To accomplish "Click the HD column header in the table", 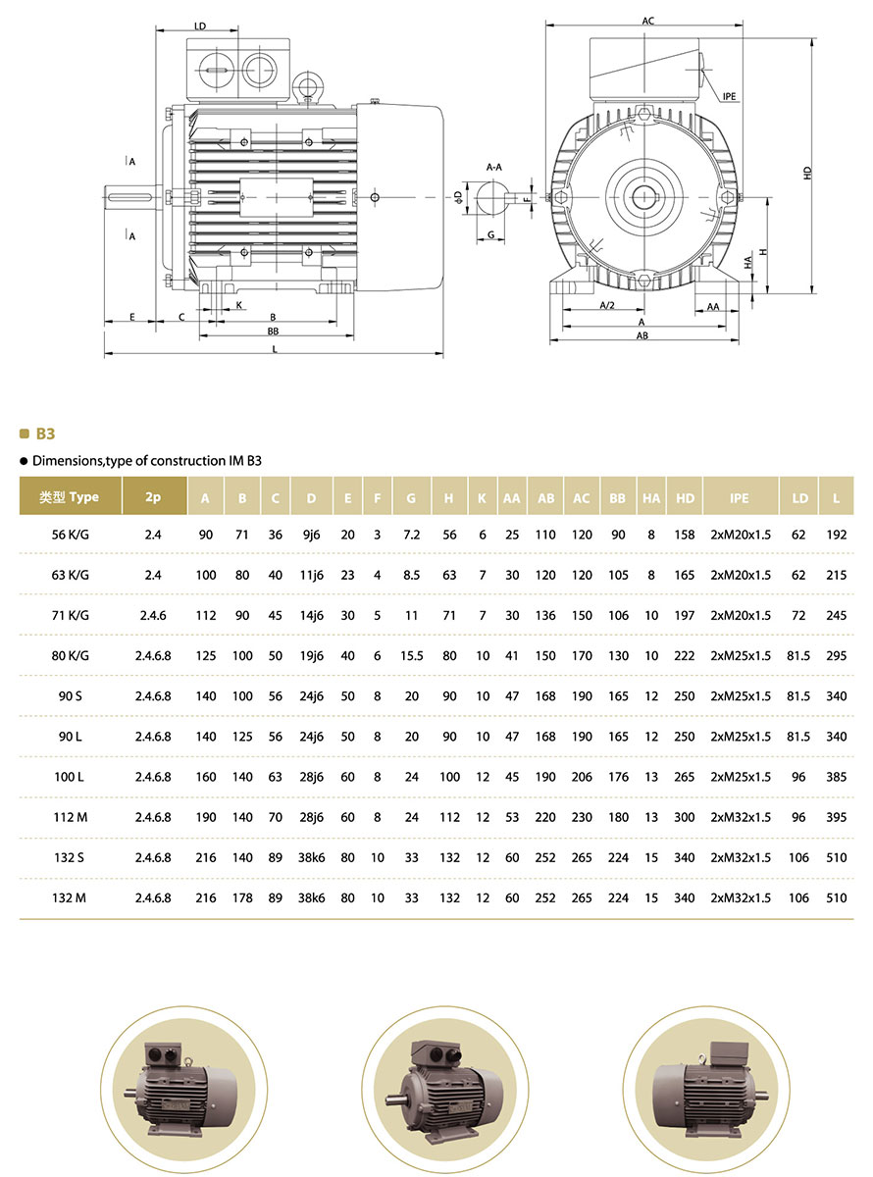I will click(685, 497).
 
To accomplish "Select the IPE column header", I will click(739, 497).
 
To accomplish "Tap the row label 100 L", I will click(71, 777).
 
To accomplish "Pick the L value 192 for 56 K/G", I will click(836, 536).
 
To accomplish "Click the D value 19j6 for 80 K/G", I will click(311, 656).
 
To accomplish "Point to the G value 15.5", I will click(411, 656).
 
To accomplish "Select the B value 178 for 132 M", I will click(242, 897).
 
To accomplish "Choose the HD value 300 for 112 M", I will click(685, 817).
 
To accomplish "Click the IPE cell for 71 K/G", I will click(739, 616).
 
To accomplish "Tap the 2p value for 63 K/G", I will click(153, 576).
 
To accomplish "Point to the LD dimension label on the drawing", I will click(200, 26).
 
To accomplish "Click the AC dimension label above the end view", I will click(647, 20).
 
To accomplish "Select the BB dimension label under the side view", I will click(273, 332).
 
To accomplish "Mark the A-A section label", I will click(494, 168).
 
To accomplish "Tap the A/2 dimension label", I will click(607, 306).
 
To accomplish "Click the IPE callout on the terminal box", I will click(729, 96).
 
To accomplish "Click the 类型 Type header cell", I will click(70, 497).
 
